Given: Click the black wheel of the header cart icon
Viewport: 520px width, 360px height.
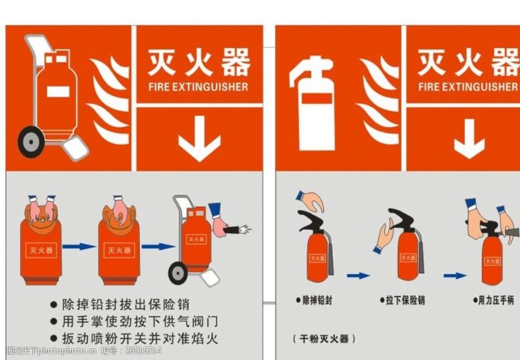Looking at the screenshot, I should point(31,142).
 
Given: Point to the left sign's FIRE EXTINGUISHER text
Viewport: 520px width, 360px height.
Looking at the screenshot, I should point(198,86).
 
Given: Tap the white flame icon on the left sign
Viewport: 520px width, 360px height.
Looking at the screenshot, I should point(109,101).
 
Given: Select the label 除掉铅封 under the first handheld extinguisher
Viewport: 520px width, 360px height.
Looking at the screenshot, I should point(317,300).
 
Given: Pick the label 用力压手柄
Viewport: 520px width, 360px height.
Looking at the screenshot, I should point(495,300).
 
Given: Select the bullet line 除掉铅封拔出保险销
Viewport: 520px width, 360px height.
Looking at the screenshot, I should point(133,304).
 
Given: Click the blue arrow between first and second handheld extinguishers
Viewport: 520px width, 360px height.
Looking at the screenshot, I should point(358,276).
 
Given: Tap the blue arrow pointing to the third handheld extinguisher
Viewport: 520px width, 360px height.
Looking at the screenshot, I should point(455,276).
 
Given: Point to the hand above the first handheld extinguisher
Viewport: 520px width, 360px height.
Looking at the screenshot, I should point(310,200).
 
